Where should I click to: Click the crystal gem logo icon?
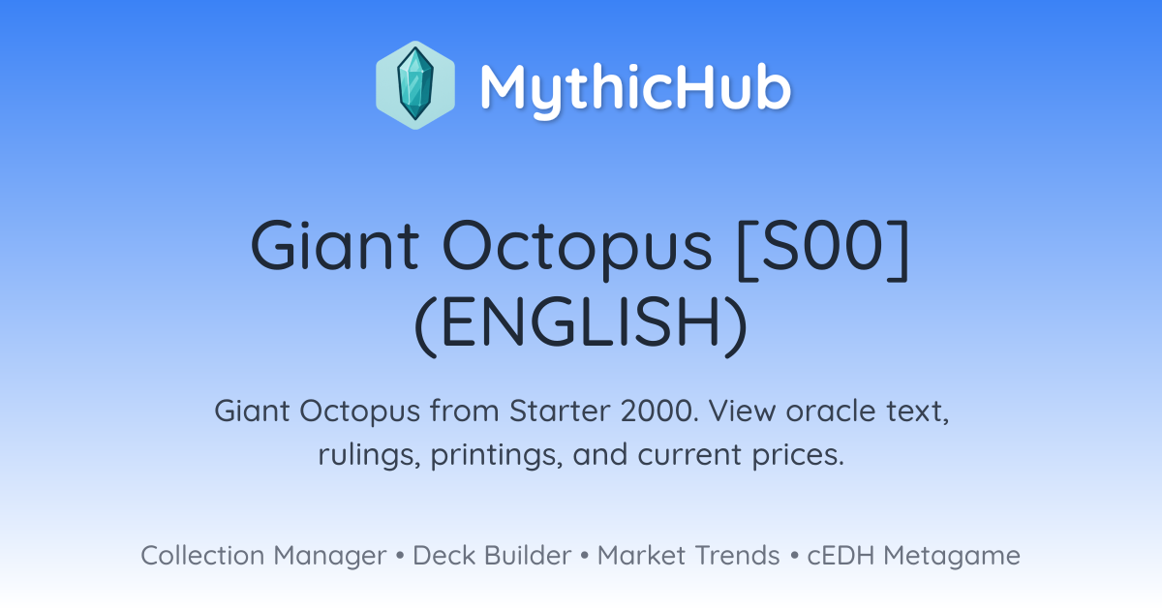click(x=415, y=85)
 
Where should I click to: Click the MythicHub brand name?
click(x=635, y=89)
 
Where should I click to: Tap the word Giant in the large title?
click(x=335, y=245)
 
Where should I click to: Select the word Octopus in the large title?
click(x=577, y=250)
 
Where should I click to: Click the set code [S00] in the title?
click(x=823, y=250)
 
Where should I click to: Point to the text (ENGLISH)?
click(x=581, y=325)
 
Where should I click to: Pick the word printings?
click(x=497, y=455)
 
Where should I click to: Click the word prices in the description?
click(x=798, y=455)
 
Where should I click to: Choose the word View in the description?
click(x=741, y=411)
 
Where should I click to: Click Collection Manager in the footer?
click(x=263, y=556)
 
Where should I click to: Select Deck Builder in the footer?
click(x=492, y=555)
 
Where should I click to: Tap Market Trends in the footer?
click(x=688, y=555)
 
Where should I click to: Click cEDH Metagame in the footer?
click(x=913, y=556)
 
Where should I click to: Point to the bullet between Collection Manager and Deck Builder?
click(x=399, y=556)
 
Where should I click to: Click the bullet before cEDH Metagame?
click(x=794, y=556)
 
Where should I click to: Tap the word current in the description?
click(x=688, y=456)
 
